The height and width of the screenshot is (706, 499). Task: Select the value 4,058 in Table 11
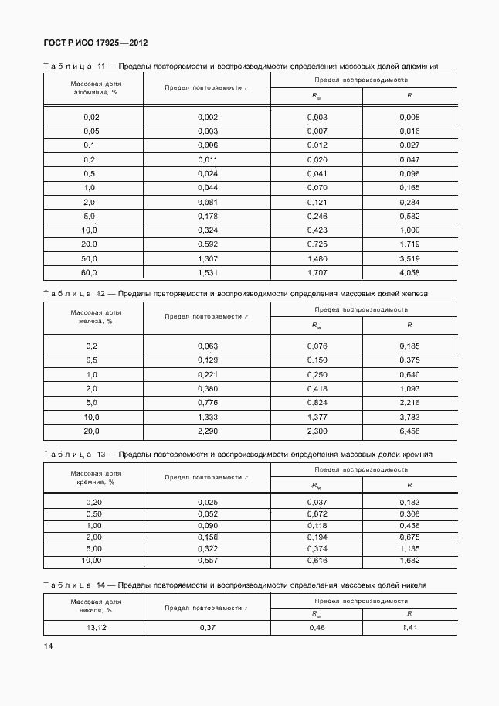409,272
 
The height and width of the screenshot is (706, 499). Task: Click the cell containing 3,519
409,258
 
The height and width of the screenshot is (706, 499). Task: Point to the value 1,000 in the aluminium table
409,230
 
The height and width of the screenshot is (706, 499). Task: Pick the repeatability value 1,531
208,272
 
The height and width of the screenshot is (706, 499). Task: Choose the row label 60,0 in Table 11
90,272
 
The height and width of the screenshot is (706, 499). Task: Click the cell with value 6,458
409,431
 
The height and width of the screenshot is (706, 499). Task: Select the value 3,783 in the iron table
409,417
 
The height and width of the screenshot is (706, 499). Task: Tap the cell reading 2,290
208,431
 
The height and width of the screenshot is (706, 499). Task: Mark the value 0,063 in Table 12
208,346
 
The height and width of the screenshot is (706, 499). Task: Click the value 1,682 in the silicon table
409,560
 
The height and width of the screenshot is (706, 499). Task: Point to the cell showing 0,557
208,560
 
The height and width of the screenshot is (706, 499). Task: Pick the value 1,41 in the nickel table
409,627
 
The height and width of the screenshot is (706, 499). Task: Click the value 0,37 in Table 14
208,627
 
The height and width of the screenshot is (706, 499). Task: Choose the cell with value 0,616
317,560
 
